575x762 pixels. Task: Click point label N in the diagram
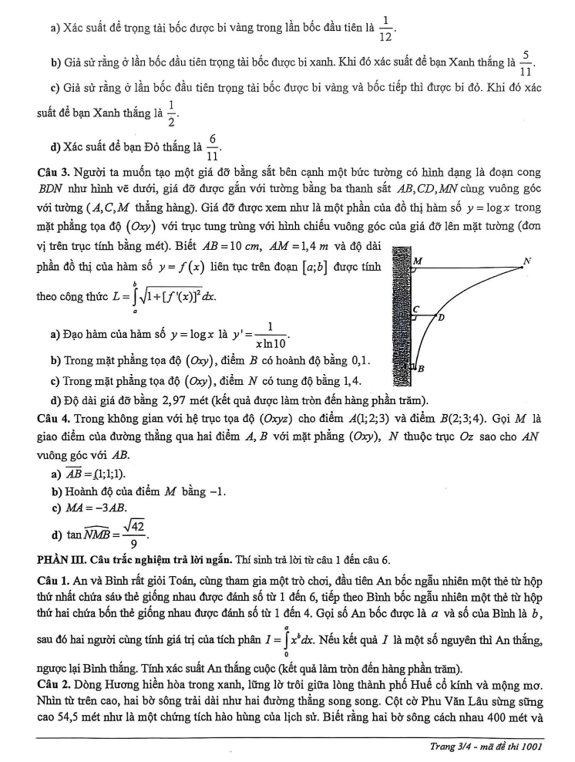click(527, 261)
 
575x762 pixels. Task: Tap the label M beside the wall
click(417, 261)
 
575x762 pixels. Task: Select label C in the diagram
click(415, 309)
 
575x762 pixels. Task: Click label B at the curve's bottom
click(421, 369)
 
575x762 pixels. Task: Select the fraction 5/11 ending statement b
click(526, 60)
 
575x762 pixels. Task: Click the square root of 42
click(136, 525)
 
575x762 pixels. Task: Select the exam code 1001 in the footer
click(533, 747)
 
